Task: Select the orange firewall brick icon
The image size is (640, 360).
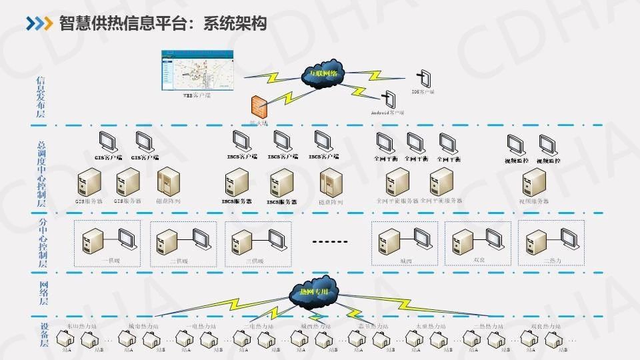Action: [x=259, y=107]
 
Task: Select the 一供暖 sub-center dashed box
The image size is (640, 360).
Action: [x=107, y=243]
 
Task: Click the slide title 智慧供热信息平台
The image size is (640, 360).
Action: [x=163, y=24]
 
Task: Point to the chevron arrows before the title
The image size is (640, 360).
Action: [x=39, y=24]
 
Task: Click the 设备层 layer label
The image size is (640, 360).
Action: [x=42, y=335]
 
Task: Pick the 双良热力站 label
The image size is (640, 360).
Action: [x=545, y=326]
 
